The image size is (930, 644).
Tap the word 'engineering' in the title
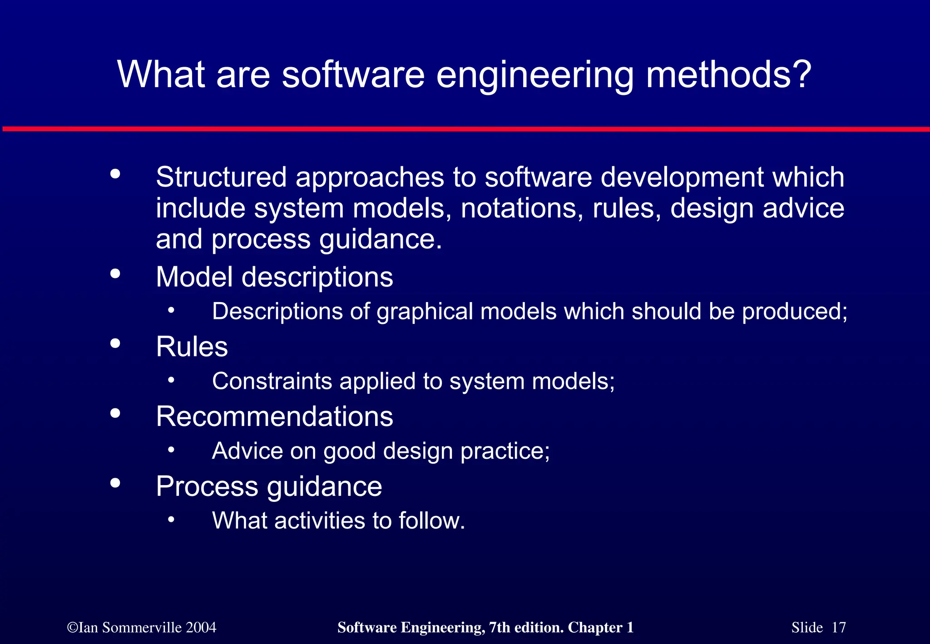pyautogui.click(x=534, y=75)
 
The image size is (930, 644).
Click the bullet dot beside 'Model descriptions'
pyautogui.click(x=115, y=273)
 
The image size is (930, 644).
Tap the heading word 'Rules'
pyautogui.click(x=192, y=347)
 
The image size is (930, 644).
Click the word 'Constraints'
pyautogui.click(x=272, y=381)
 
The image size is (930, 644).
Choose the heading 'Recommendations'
pyautogui.click(x=274, y=416)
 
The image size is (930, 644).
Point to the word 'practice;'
pyautogui.click(x=505, y=451)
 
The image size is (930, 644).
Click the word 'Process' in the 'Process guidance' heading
pyautogui.click(x=207, y=486)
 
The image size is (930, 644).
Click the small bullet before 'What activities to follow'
pyautogui.click(x=171, y=519)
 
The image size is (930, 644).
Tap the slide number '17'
pyautogui.click(x=838, y=628)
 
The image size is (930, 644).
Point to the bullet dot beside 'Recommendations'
pyautogui.click(x=115, y=413)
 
